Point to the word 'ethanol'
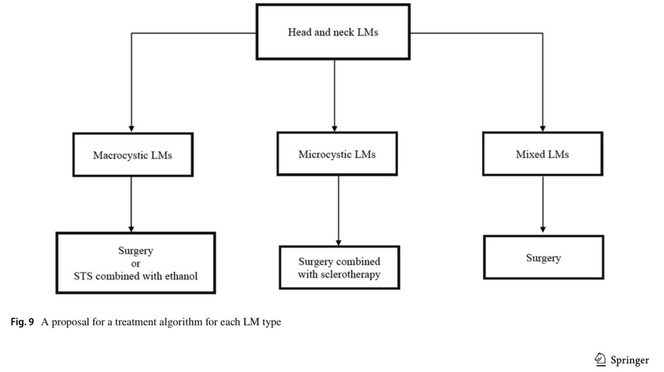[x=181, y=276]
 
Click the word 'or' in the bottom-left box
[x=136, y=263]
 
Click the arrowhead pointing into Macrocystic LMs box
[x=131, y=129]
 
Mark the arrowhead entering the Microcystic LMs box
[x=335, y=128]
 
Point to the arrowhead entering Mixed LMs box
[x=543, y=128]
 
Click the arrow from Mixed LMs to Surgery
[x=543, y=204]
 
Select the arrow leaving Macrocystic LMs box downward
[x=131, y=204]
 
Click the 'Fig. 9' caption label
[x=22, y=322]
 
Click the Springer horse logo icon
[x=600, y=359]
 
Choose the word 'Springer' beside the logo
[x=630, y=360]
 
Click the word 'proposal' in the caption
[x=70, y=322]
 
